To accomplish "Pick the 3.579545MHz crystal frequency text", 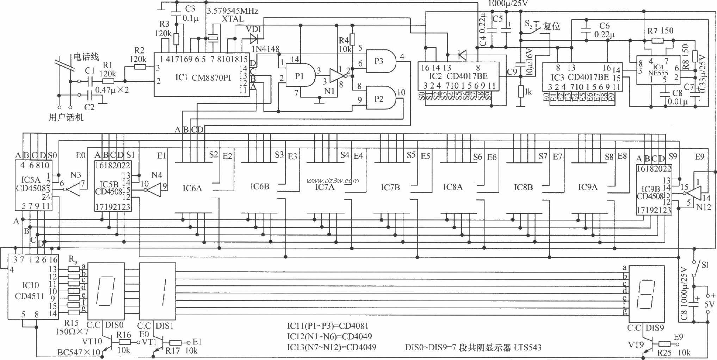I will (233, 11).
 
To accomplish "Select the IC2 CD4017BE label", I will (458, 76).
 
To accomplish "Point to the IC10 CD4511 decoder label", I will (30, 291).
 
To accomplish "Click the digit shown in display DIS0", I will (106, 291).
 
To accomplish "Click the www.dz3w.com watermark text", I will (333, 181).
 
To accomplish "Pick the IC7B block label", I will (390, 187).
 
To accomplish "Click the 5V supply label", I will (709, 304).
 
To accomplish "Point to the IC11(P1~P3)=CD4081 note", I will (328, 326).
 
